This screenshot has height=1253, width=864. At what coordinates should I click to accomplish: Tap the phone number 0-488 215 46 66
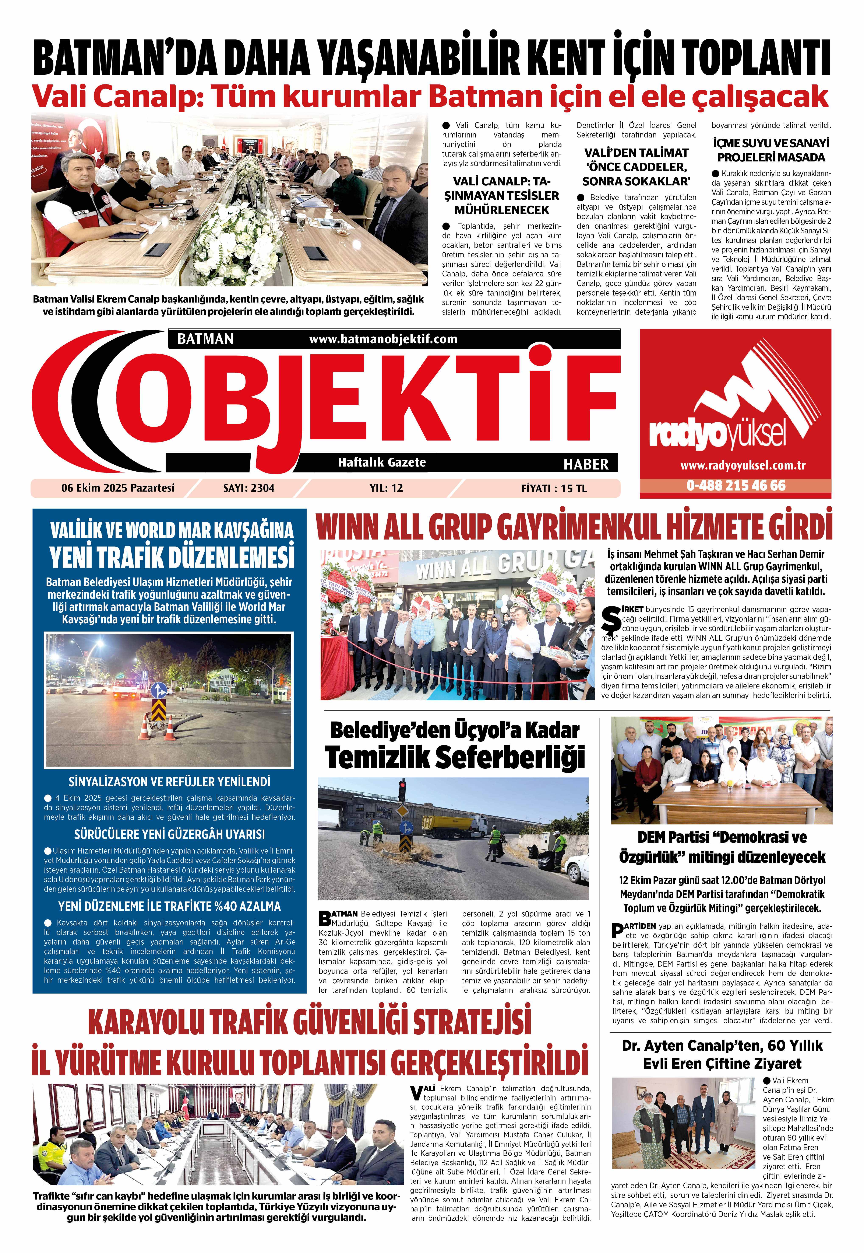click(x=736, y=485)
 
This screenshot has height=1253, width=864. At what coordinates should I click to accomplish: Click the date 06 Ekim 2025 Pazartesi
click(x=118, y=488)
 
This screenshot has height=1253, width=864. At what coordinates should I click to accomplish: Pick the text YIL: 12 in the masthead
click(x=386, y=488)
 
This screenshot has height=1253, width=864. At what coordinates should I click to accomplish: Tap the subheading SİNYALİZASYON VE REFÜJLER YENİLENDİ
click(x=169, y=782)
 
